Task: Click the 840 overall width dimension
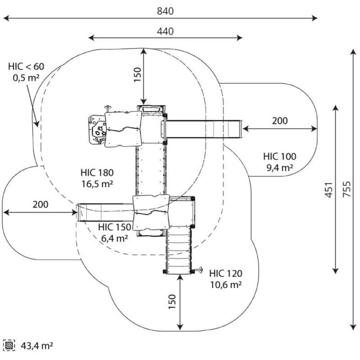pos(165,11)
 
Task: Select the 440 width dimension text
pos(165,31)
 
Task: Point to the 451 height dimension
pos(328,189)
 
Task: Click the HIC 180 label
pos(98,173)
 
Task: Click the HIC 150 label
pos(114,227)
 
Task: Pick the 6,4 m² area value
pos(114,238)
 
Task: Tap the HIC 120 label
pos(226,274)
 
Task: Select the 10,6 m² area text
pos(226,284)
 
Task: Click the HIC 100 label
pos(280,157)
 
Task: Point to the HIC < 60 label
pos(26,67)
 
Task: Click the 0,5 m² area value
pos(26,77)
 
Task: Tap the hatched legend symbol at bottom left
pos(9,346)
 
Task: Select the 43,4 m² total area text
pos(37,346)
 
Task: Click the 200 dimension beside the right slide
pos(280,121)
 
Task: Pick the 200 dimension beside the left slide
pos(40,204)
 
